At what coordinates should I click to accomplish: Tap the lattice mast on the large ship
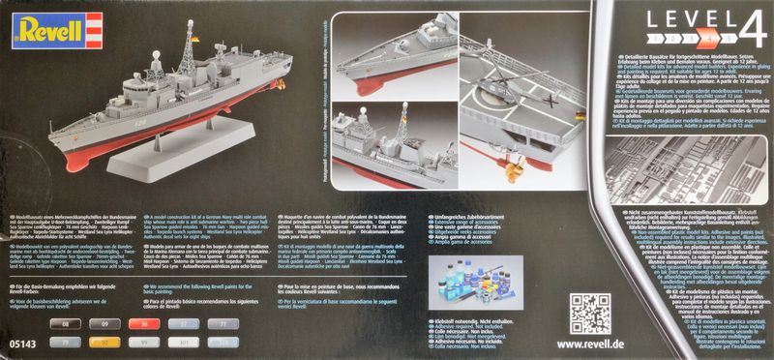[185, 60]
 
